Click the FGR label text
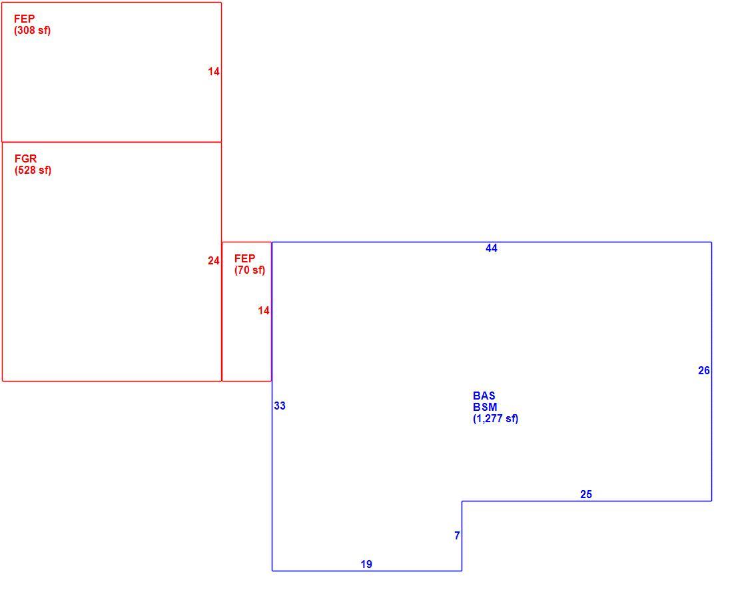coord(25,158)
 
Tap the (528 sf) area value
coord(33,170)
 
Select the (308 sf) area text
coord(32,31)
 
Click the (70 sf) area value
coord(250,270)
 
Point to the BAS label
coord(484,396)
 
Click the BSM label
coord(485,408)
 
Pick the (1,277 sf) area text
coord(496,419)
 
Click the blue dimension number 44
coord(492,248)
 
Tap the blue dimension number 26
coord(704,370)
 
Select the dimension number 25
coord(586,495)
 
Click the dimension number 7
coord(457,535)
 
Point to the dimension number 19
coord(366,565)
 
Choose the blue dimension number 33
coord(280,406)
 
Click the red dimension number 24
coord(214,261)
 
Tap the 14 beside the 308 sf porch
coord(214,71)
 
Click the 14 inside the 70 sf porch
coord(264,311)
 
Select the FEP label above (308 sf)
coord(24,19)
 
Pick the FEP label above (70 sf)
coord(244,258)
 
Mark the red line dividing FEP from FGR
coord(112,142)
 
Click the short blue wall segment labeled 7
coord(462,535)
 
